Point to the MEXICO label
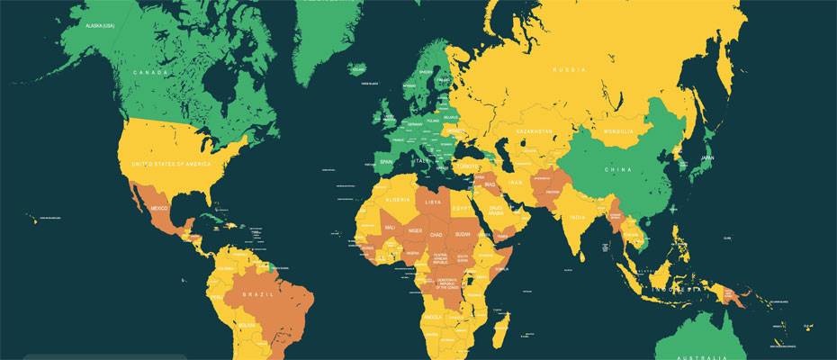[159, 209]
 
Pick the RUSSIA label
[569, 69]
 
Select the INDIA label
[577, 218]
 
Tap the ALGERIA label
[397, 199]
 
